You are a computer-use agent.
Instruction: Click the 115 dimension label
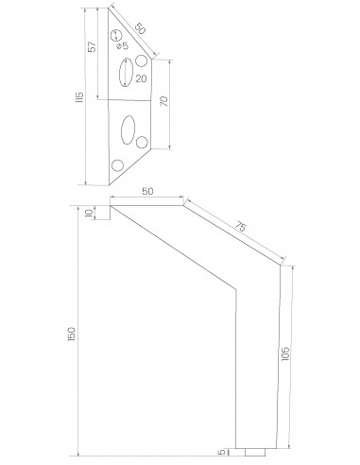click(79, 97)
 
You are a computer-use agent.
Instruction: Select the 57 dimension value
click(92, 47)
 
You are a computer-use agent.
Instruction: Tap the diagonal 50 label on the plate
click(141, 29)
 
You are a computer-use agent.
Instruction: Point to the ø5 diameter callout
click(122, 46)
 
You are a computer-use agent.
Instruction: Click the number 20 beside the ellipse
click(141, 78)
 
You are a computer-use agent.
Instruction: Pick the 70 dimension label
click(164, 101)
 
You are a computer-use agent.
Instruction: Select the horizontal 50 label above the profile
click(147, 191)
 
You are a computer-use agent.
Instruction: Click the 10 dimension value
click(90, 213)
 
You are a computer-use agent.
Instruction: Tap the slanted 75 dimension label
click(240, 227)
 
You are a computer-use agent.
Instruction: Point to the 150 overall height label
click(72, 334)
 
